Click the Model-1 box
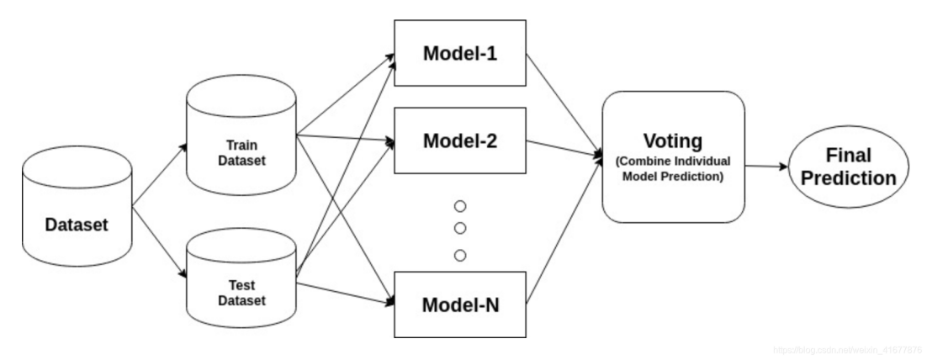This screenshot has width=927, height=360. (460, 53)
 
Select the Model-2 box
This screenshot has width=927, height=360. (460, 140)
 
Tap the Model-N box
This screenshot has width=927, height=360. (460, 304)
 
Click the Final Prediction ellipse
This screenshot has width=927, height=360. (847, 167)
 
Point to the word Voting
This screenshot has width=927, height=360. (673, 140)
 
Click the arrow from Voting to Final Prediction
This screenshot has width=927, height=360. (765, 167)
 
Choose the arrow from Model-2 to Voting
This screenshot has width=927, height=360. (564, 148)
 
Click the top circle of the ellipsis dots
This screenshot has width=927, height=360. (459, 206)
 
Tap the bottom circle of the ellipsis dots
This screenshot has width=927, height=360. (459, 256)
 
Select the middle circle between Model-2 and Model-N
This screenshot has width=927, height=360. (459, 229)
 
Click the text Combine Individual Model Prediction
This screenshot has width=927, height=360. (673, 169)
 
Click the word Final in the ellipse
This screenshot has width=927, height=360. (848, 156)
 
